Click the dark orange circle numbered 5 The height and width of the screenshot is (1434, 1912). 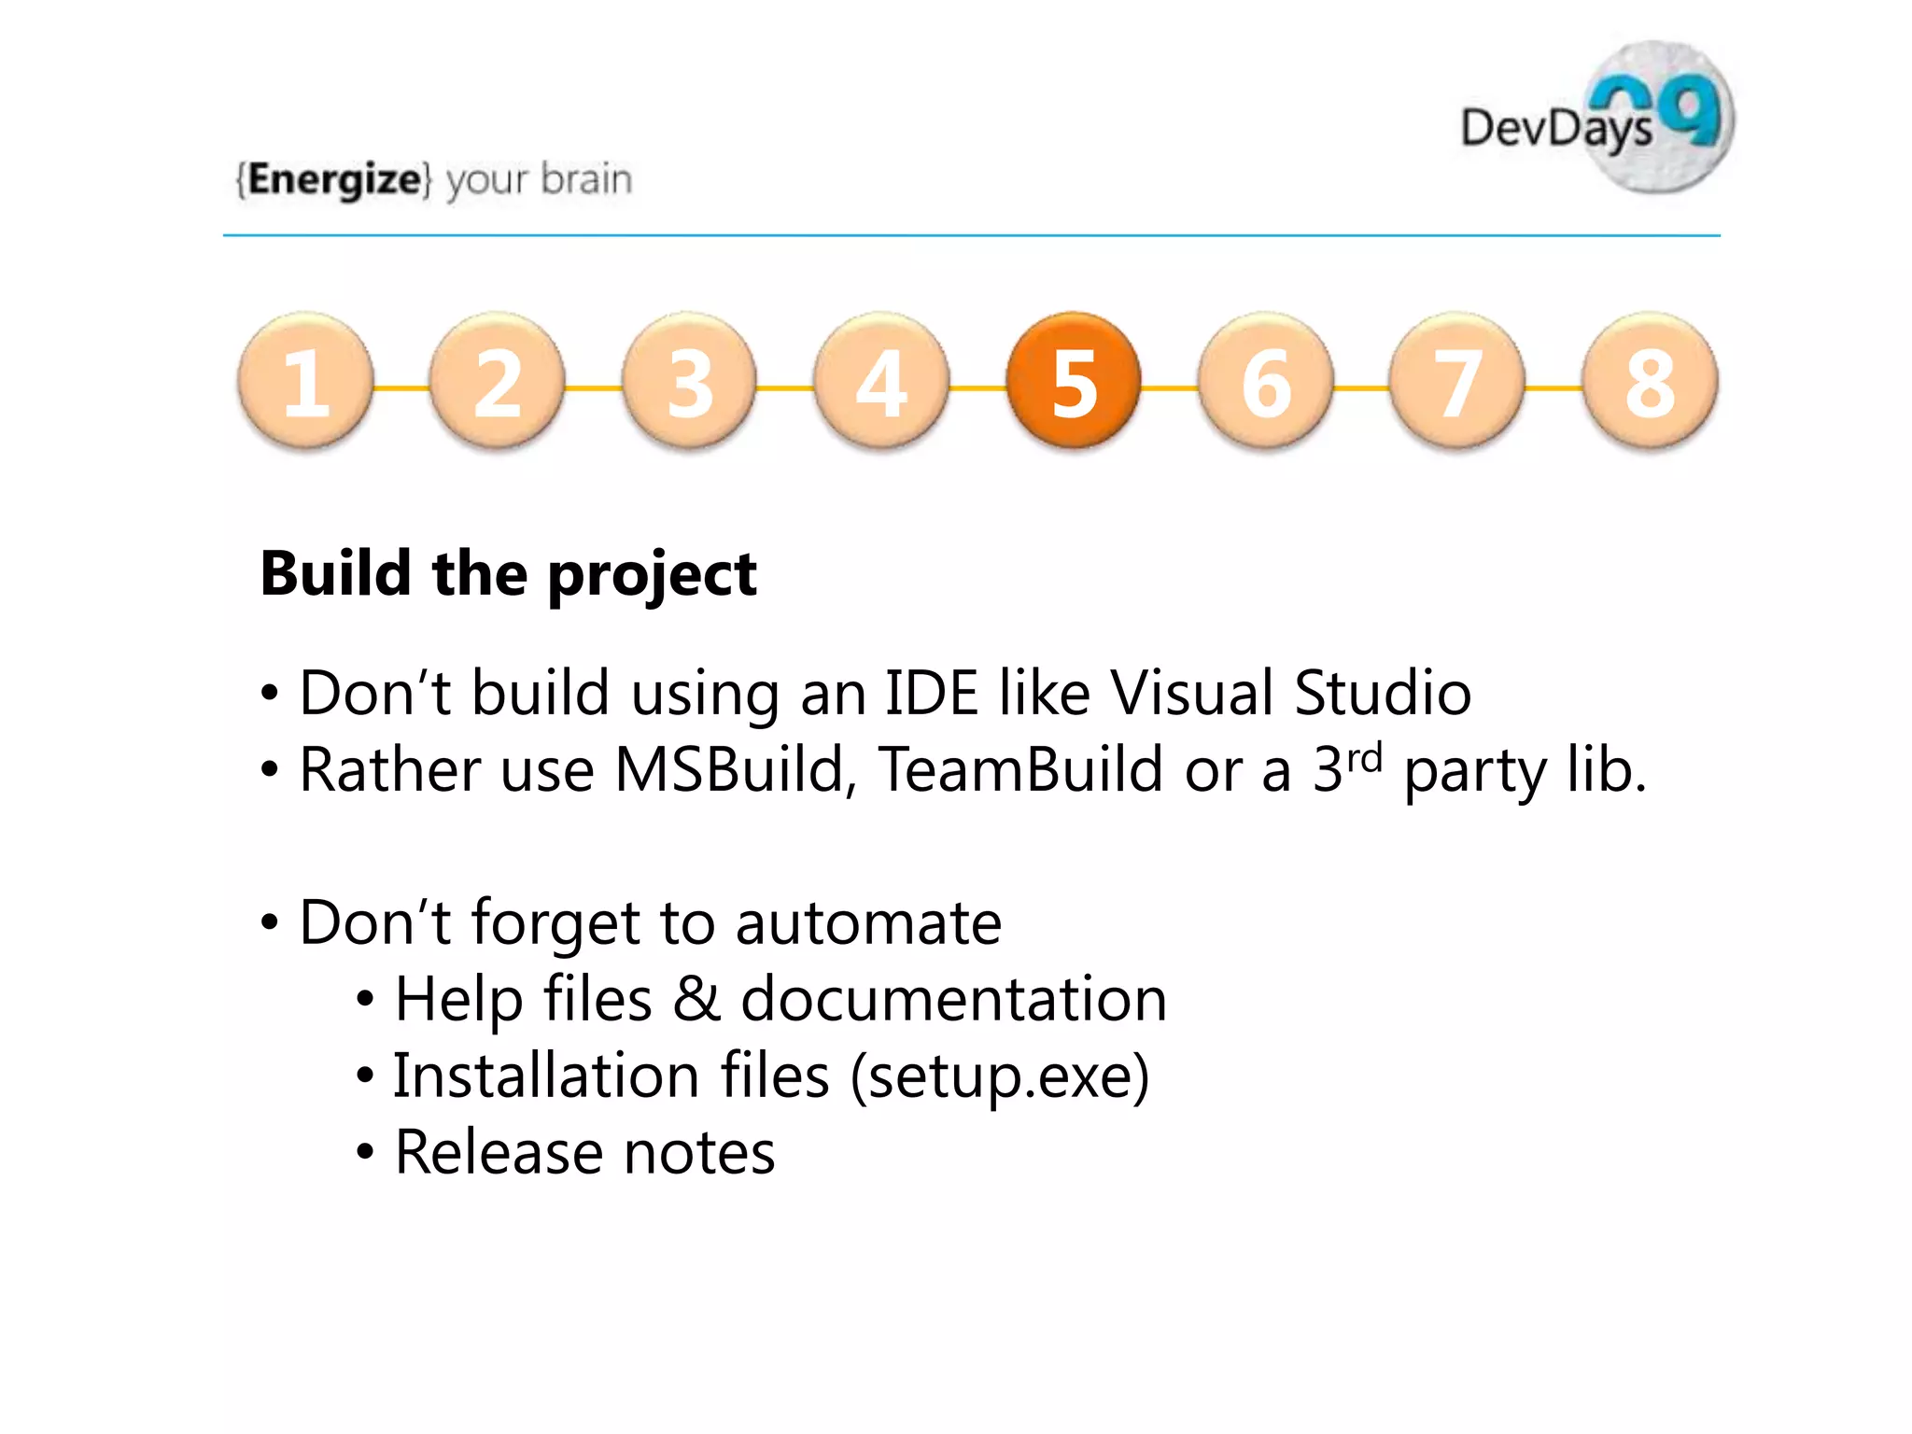pos(1074,381)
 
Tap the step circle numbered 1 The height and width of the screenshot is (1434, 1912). pos(305,381)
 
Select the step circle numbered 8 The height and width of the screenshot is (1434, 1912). pos(1650,381)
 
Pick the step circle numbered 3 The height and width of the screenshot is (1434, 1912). pos(689,381)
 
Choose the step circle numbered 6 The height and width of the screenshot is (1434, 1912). pos(1266,381)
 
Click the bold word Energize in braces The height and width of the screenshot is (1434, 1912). pos(334,179)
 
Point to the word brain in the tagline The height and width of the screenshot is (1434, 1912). pos(586,179)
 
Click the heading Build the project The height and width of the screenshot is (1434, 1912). pos(508,573)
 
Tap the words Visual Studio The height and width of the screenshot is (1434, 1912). pos(1290,694)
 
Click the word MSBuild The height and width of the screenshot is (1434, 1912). pos(729,771)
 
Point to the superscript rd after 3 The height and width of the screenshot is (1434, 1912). pos(1364,757)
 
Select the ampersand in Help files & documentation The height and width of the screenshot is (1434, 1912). pos(696,999)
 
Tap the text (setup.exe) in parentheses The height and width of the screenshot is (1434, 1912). pos(1000,1076)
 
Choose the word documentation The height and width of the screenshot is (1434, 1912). pos(953,999)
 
